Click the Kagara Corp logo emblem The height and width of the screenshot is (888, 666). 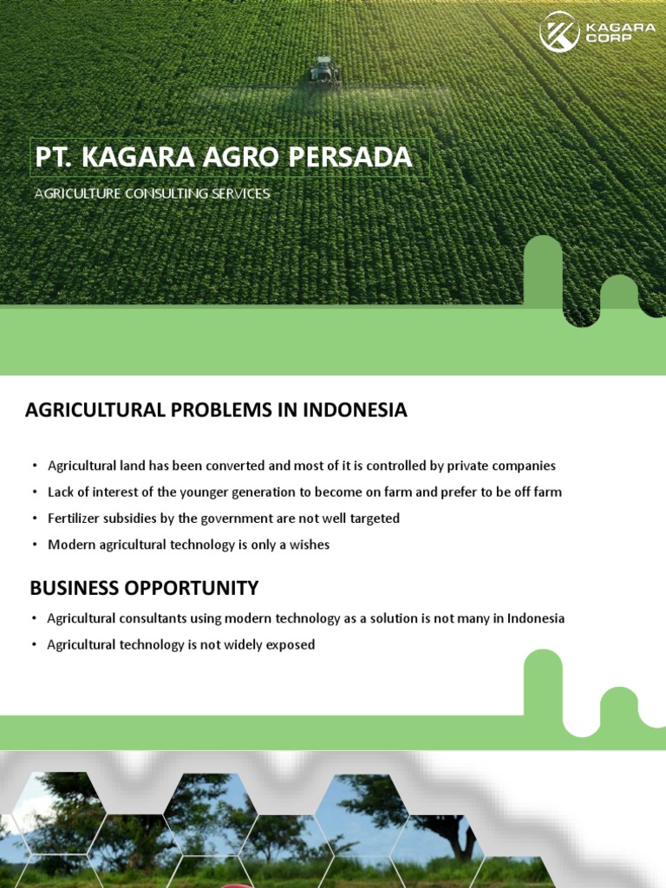[x=559, y=32]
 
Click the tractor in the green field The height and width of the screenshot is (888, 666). [x=324, y=73]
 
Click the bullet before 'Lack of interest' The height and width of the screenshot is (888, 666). [x=35, y=493]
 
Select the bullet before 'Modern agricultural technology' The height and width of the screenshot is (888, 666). [x=35, y=545]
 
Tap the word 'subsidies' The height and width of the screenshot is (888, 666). [x=139, y=519]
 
